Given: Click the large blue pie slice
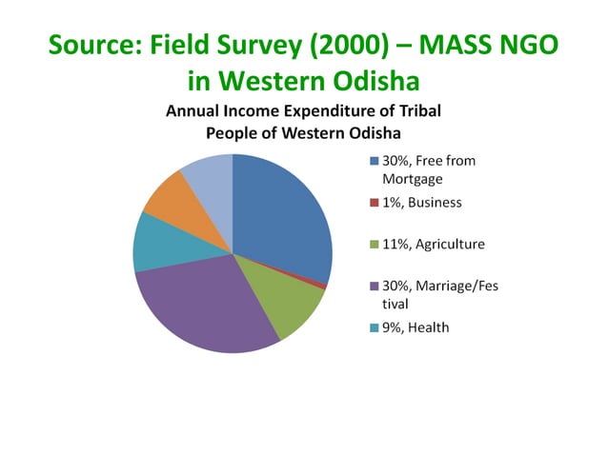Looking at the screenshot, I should click(x=281, y=219).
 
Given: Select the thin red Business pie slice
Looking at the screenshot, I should click(x=324, y=285).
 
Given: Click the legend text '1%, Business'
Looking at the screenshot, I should click(x=421, y=203).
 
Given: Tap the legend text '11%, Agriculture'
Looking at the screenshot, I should click(x=433, y=245).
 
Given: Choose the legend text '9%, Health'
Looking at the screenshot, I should click(x=415, y=327).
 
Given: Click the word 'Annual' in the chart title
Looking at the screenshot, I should click(x=192, y=111).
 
